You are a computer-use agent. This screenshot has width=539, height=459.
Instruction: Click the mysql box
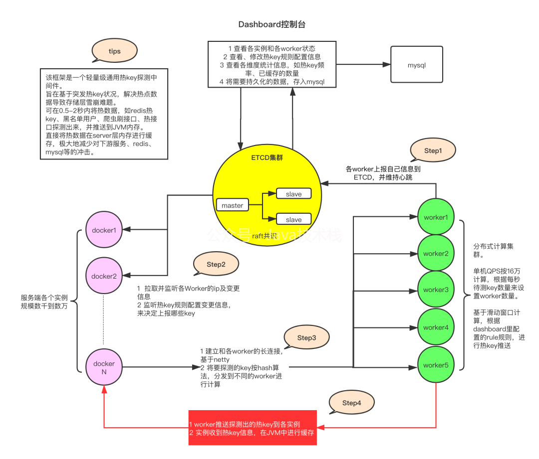(x=417, y=65)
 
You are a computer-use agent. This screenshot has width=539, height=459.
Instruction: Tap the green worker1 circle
(x=436, y=217)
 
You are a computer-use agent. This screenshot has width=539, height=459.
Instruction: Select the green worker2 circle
(x=436, y=253)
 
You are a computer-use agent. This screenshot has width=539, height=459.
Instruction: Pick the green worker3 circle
(x=436, y=290)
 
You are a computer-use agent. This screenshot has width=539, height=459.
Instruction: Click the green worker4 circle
(x=436, y=327)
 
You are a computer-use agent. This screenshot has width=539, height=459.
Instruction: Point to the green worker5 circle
(x=436, y=365)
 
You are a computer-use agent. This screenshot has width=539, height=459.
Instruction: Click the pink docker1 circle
(x=104, y=230)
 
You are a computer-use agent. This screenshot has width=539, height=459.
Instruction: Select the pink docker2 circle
(x=104, y=276)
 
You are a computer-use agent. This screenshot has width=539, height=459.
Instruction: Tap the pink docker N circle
(x=104, y=368)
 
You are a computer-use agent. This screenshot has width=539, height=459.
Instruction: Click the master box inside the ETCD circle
(x=232, y=205)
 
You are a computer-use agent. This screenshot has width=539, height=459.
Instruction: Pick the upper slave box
(x=293, y=194)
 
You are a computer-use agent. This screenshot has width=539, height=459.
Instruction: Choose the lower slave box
(x=293, y=219)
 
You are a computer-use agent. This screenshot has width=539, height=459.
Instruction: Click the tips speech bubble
(x=114, y=51)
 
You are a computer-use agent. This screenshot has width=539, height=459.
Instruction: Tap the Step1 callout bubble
(x=432, y=151)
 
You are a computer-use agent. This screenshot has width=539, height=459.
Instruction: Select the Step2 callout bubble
(x=216, y=264)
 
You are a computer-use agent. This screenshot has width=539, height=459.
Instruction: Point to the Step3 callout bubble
(x=306, y=337)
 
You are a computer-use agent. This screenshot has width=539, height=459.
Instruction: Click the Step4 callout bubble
(x=351, y=402)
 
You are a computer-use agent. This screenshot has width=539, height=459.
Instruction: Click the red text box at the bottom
(x=253, y=428)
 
